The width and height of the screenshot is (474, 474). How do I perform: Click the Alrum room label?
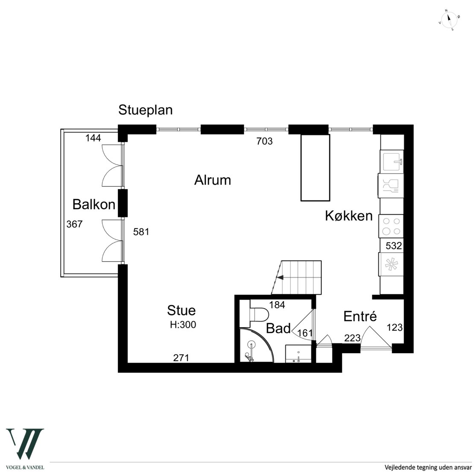click(x=213, y=180)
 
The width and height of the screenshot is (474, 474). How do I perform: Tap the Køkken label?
click(x=348, y=216)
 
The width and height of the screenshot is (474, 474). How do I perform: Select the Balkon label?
click(x=94, y=205)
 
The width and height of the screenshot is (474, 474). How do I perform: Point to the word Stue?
click(x=181, y=310)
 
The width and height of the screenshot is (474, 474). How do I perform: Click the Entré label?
click(x=360, y=316)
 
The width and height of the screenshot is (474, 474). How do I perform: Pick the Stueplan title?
click(x=146, y=110)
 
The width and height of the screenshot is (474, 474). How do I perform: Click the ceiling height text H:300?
click(x=183, y=325)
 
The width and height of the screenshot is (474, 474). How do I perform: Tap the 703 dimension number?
click(x=264, y=141)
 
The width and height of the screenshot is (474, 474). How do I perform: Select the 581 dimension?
click(x=141, y=232)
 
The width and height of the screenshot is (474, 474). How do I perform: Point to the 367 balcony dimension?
click(x=74, y=224)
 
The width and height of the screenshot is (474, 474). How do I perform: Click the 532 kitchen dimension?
click(x=394, y=246)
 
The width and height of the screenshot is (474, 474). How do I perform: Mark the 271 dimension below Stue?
click(x=181, y=358)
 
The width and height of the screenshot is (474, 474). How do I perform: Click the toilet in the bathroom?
click(x=259, y=314)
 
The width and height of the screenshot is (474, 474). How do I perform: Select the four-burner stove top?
click(x=391, y=226)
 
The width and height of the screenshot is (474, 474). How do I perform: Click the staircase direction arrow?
click(x=280, y=277)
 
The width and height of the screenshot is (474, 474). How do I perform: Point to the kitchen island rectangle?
click(x=315, y=168)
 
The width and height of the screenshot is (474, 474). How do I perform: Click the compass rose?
click(x=449, y=20)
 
